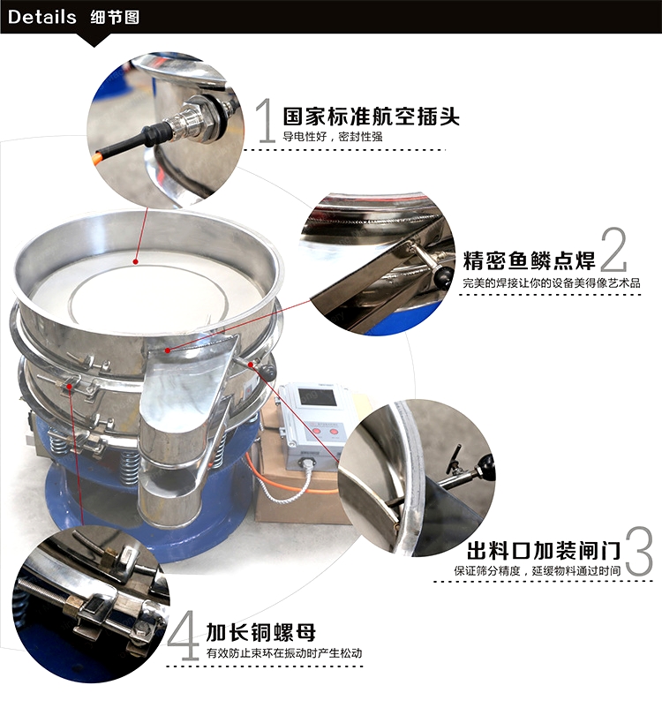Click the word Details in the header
click(x=42, y=17)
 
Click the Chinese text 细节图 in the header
click(x=115, y=17)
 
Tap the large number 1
click(x=267, y=120)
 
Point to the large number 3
click(x=639, y=551)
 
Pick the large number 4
click(x=184, y=636)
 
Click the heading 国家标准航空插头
click(x=371, y=117)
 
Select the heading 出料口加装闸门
click(x=544, y=551)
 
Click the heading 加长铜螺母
click(x=261, y=632)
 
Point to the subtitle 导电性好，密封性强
click(x=333, y=136)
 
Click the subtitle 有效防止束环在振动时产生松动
click(x=284, y=653)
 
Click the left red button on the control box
click(x=317, y=432)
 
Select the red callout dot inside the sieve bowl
click(x=135, y=261)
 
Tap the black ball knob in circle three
click(x=487, y=465)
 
